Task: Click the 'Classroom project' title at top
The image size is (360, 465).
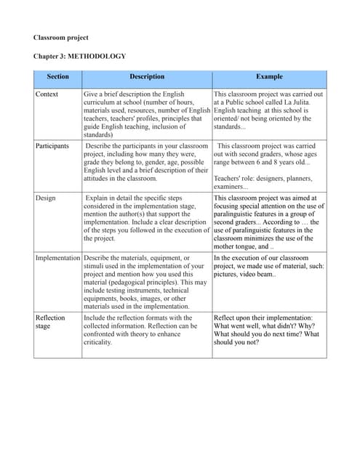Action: (x=60, y=37)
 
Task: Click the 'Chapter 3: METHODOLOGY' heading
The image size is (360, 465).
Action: (x=79, y=56)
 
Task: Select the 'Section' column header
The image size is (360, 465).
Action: (x=57, y=76)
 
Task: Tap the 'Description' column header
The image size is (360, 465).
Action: (x=147, y=76)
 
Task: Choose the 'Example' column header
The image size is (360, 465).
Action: (x=269, y=76)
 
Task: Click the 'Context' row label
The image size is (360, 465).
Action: (x=48, y=94)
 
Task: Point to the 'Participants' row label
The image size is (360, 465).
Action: (x=52, y=146)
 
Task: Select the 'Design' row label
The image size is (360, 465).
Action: (x=46, y=197)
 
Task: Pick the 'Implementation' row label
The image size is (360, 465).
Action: (x=58, y=258)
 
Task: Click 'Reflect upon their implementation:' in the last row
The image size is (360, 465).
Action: (x=263, y=318)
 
